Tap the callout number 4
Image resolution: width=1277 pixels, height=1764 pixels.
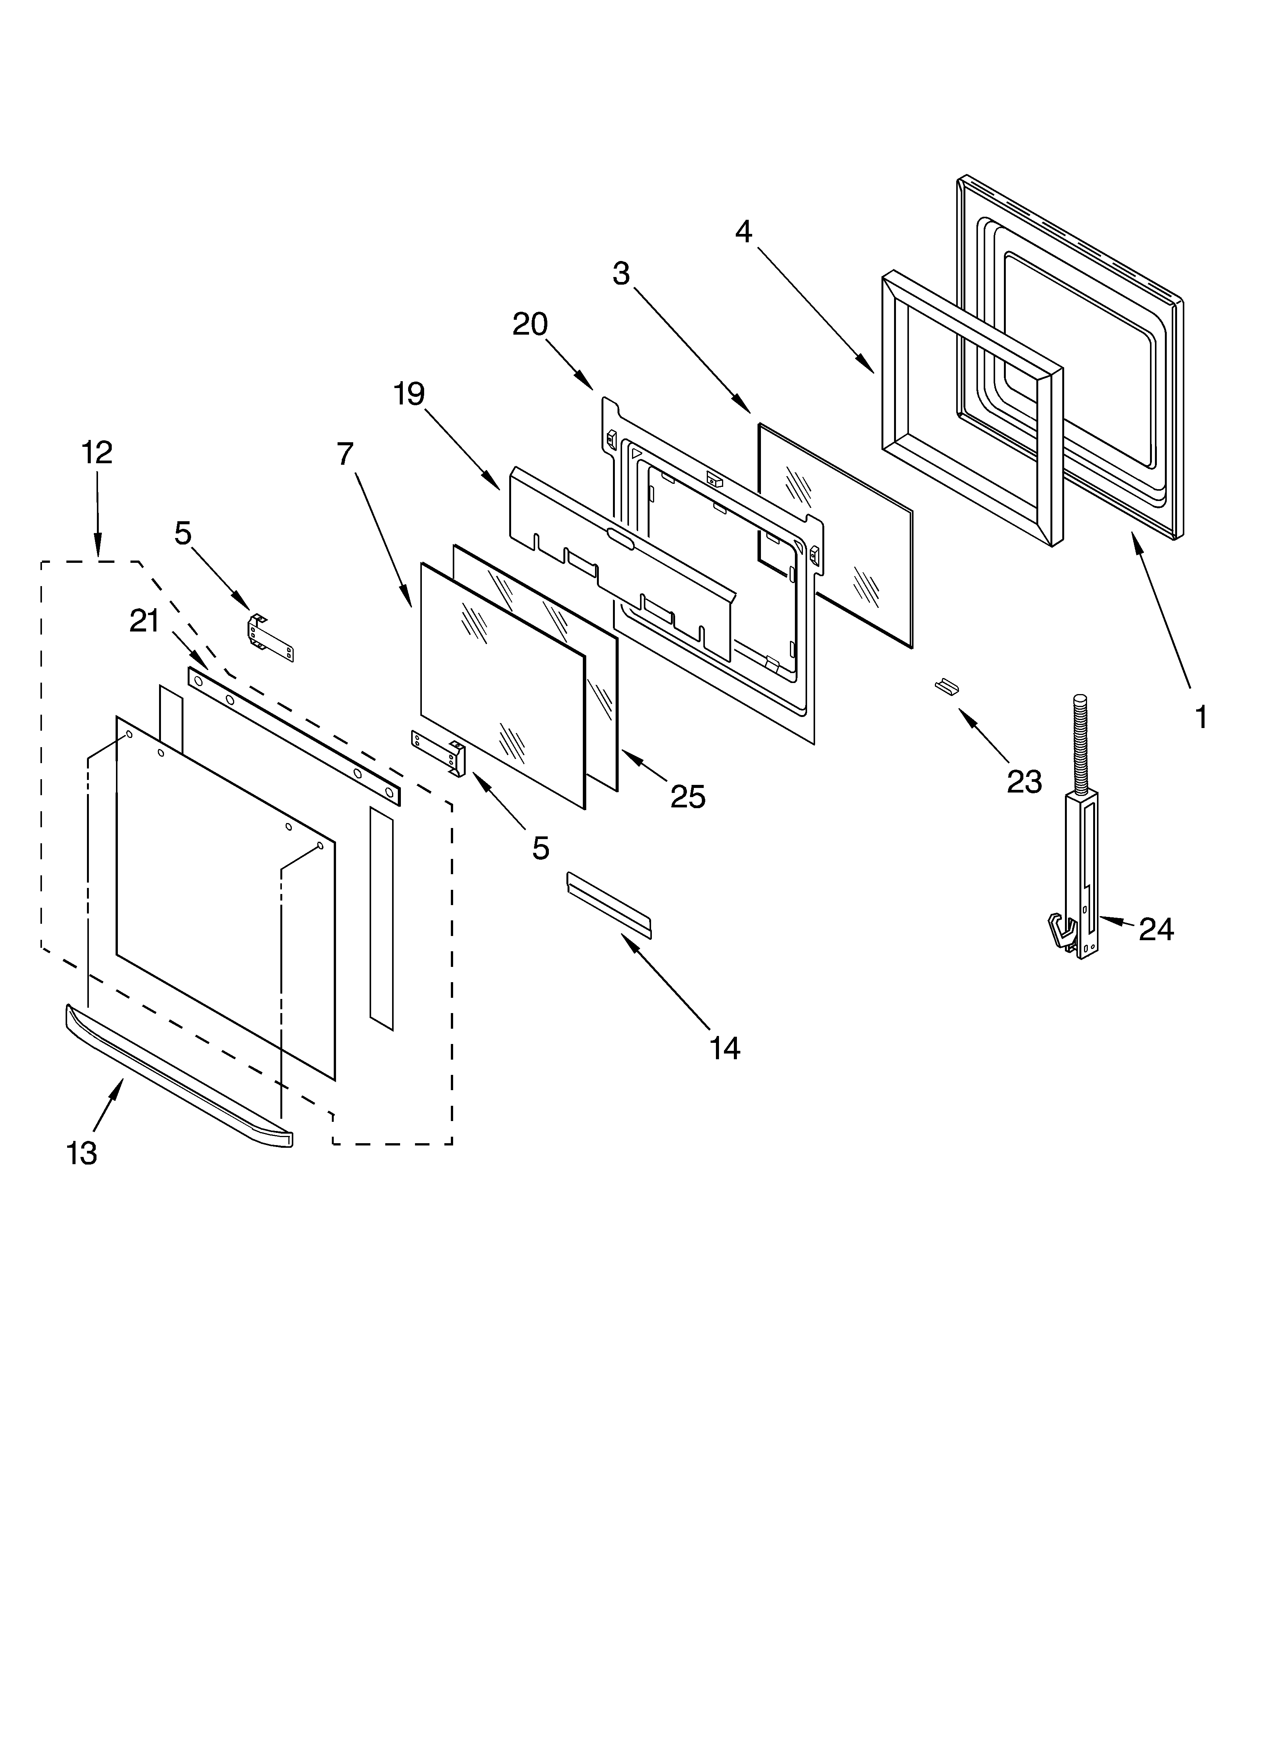(743, 232)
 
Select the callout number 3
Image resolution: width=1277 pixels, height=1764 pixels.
(621, 274)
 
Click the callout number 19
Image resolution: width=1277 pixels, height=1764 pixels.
(408, 394)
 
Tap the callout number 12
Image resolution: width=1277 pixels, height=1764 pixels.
(97, 453)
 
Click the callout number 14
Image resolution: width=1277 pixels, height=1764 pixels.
(724, 1049)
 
